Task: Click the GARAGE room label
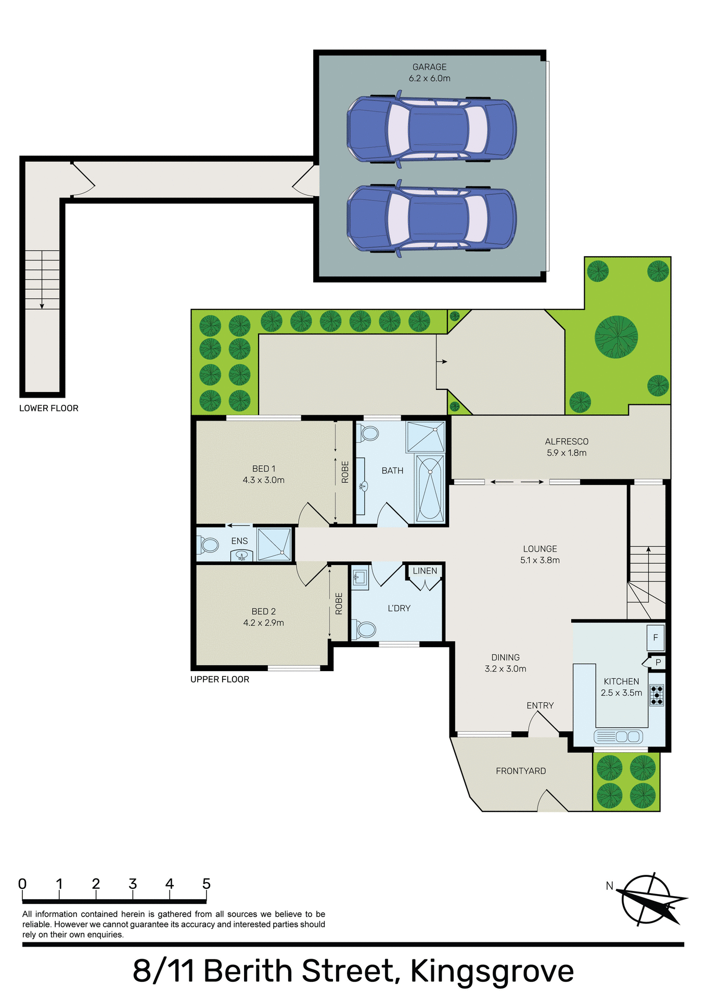tap(429, 67)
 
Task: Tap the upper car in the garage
tap(431, 129)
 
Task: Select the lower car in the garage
tap(431, 219)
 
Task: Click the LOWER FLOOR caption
tap(49, 409)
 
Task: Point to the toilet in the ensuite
tap(209, 545)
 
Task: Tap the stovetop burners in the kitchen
tap(657, 695)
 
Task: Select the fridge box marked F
tap(656, 637)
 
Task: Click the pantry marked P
tap(658, 662)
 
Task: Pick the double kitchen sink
tap(628, 737)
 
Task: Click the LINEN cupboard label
tap(425, 571)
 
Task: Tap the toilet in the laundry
tap(365, 629)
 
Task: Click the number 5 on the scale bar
tap(207, 884)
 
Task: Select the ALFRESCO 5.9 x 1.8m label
tap(567, 447)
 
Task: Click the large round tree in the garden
tap(616, 337)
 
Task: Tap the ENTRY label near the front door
tap(540, 705)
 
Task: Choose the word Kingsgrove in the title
tap(492, 971)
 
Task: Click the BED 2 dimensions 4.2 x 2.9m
tap(263, 623)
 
